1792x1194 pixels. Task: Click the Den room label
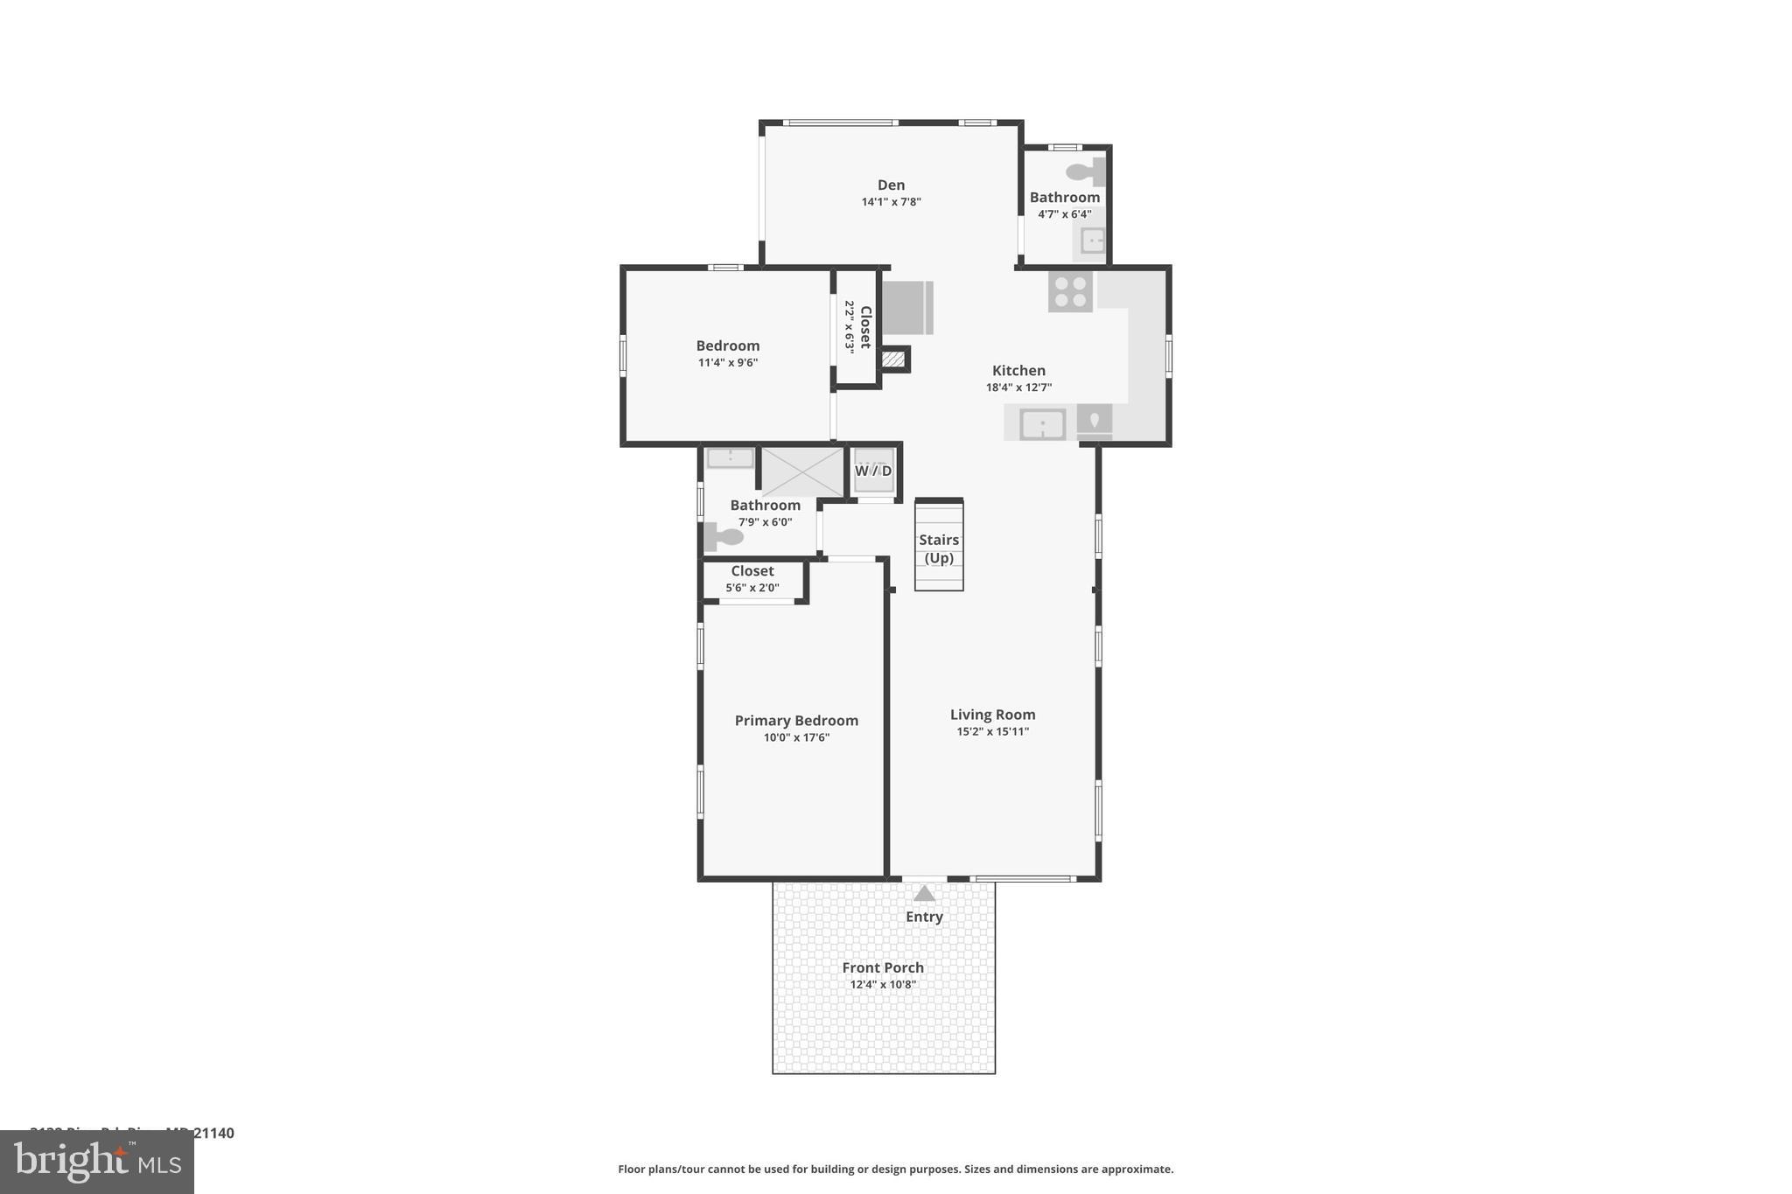(891, 185)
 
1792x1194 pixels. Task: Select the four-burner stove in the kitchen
(1070, 292)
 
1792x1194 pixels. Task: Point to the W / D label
(873, 471)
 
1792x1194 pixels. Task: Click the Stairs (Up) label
(939, 548)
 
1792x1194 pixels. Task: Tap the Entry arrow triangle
(924, 893)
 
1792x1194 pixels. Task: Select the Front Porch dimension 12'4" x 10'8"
(883, 984)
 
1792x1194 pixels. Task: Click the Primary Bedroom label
(796, 720)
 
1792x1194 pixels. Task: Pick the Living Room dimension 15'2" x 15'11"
(992, 731)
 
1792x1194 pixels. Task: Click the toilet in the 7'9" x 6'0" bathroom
(724, 536)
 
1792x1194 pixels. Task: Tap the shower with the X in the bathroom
(802, 471)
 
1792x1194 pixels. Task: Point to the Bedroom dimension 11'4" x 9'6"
(728, 362)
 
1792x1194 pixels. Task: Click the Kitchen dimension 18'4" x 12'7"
(1018, 387)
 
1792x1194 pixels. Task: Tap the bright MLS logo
(97, 1162)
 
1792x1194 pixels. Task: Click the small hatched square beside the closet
(893, 359)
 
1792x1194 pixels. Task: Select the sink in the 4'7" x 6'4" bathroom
(1092, 240)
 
